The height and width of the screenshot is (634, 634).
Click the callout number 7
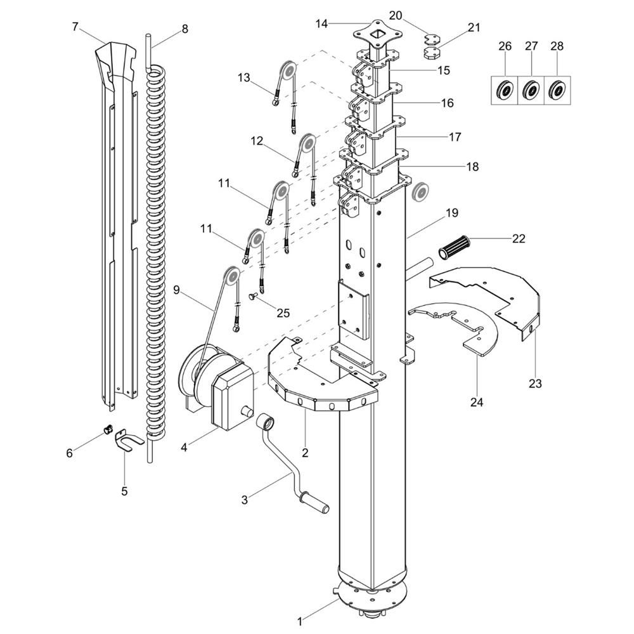tap(75, 27)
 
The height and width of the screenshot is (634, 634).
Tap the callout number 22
tap(519, 238)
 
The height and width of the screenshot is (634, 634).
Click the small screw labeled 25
tap(254, 295)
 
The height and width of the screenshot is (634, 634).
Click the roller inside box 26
tap(505, 90)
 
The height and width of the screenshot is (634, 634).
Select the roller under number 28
tap(557, 90)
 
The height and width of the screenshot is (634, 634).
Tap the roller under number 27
tap(531, 90)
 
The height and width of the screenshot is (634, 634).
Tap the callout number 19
tap(451, 213)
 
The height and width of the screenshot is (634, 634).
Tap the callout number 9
tap(177, 290)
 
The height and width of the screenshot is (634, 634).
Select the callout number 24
tap(477, 402)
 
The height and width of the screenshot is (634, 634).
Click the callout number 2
tap(305, 453)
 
